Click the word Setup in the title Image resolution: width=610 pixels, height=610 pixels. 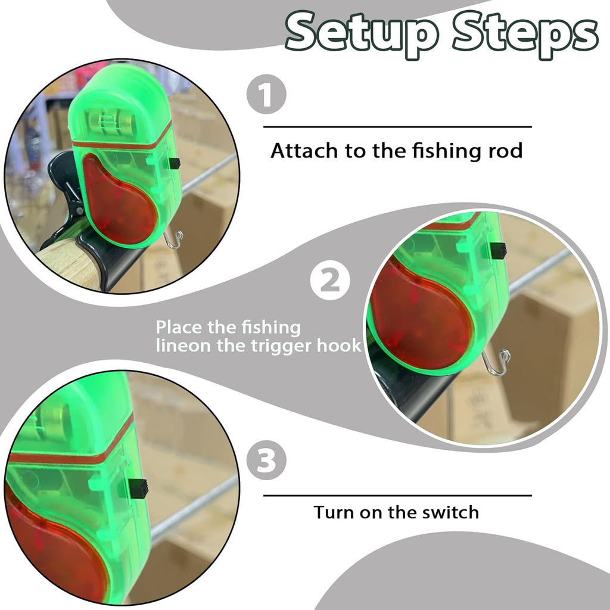[363, 33]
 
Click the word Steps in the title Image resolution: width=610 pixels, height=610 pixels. [524, 33]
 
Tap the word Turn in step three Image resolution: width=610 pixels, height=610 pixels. [335, 512]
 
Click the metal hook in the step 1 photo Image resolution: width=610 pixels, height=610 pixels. [174, 239]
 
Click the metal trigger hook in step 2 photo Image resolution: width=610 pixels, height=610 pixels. [498, 363]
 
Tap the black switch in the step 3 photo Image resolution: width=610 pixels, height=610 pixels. [139, 488]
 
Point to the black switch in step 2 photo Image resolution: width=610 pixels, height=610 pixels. [498, 250]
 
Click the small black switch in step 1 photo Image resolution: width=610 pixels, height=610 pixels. [174, 163]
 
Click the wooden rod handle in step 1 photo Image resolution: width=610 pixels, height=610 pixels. [66, 262]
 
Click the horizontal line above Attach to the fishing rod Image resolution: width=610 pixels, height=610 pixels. [397, 127]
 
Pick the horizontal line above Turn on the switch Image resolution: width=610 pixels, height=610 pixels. [397, 495]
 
